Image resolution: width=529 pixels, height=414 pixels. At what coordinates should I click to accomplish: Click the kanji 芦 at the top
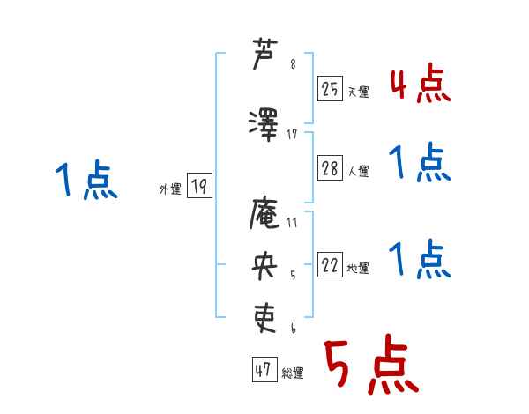[265, 55]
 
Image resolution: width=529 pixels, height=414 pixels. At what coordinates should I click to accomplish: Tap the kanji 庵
[265, 212]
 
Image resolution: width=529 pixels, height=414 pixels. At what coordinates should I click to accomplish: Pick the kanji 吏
[265, 314]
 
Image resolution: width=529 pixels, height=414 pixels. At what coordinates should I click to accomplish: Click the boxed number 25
[331, 88]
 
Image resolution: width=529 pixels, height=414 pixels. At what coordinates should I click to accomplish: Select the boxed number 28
[331, 168]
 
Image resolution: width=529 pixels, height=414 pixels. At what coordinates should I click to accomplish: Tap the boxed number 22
[331, 265]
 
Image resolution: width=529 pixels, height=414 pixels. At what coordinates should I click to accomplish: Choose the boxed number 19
[199, 186]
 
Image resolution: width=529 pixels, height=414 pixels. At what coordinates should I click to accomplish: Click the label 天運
[358, 92]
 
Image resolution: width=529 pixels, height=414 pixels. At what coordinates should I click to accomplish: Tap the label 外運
[169, 189]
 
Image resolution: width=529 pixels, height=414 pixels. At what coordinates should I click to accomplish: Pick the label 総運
[292, 373]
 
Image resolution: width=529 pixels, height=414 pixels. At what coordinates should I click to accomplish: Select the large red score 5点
[370, 366]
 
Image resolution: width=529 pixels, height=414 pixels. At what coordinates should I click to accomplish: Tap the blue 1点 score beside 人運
[420, 163]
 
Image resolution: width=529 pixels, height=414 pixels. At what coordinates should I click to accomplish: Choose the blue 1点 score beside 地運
[420, 260]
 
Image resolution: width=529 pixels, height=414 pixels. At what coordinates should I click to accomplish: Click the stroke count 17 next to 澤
[292, 134]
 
